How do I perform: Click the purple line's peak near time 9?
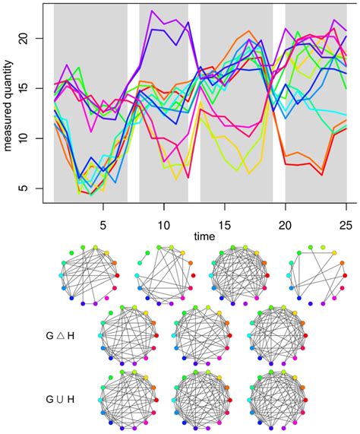(151, 12)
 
